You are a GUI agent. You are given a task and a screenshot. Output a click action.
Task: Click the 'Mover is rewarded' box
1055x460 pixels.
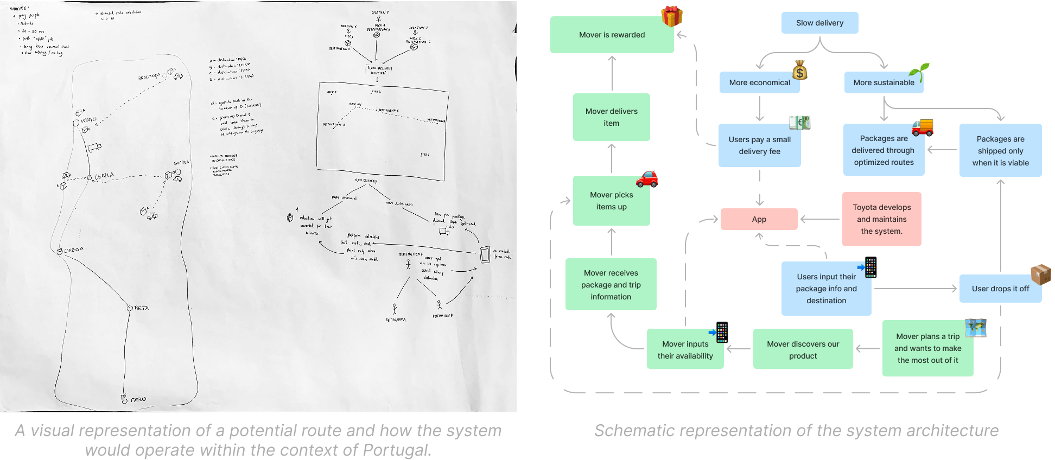(612, 35)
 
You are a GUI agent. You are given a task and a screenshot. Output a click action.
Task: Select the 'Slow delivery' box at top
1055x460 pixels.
(819, 23)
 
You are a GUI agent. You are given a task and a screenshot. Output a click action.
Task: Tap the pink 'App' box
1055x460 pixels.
(759, 219)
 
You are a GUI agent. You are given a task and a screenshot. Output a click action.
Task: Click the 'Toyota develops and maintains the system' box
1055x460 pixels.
(881, 219)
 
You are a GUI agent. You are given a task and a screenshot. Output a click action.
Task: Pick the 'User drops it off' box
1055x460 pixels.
(1000, 289)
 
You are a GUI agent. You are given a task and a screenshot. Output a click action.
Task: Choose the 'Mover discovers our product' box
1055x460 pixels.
(803, 349)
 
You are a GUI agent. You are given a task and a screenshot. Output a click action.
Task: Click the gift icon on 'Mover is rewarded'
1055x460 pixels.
(671, 17)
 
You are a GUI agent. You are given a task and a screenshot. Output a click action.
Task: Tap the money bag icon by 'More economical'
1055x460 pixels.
(799, 71)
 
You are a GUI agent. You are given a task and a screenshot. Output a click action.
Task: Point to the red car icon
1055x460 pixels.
(646, 179)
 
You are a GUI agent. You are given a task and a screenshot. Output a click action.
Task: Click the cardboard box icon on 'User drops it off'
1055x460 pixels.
(1040, 274)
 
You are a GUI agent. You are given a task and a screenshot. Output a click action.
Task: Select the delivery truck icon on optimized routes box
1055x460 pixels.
(922, 127)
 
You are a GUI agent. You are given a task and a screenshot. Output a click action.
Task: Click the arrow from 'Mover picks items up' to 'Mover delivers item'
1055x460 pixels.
(612, 158)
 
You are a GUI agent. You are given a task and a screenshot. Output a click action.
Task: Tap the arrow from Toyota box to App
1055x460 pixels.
(819, 219)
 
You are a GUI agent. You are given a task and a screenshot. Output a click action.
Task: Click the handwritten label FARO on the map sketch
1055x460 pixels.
(138, 399)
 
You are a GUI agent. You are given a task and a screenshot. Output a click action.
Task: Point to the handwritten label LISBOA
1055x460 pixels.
(73, 250)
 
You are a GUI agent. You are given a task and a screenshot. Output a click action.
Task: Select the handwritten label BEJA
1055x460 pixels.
(141, 308)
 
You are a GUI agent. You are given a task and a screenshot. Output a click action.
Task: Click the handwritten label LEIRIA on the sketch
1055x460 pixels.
(104, 176)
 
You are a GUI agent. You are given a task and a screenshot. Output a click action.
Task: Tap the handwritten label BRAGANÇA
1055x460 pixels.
(149, 78)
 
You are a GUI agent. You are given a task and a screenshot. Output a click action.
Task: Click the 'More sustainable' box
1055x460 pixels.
(883, 82)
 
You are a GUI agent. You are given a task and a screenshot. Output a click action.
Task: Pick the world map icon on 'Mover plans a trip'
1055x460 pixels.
(975, 328)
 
